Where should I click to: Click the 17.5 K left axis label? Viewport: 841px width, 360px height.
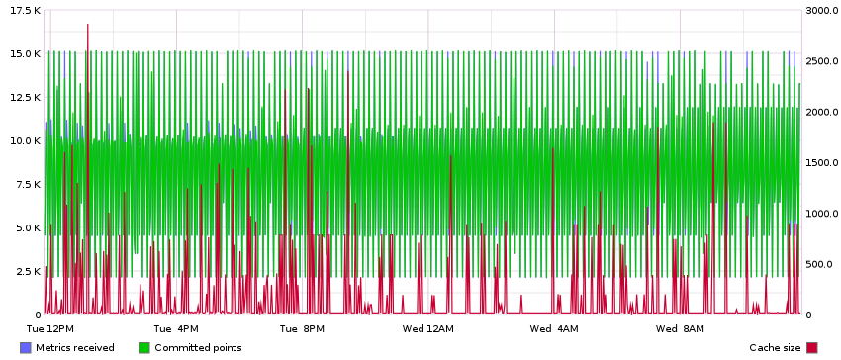22,10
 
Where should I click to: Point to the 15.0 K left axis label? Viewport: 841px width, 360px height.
22,53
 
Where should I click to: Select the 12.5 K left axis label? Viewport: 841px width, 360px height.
22,97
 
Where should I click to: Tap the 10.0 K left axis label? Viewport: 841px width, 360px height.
22,140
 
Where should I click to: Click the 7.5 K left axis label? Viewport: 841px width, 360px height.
25,184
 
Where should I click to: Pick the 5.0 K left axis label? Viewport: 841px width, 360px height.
25,227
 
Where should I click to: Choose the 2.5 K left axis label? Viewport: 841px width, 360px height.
25,271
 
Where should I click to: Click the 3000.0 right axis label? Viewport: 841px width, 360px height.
821,10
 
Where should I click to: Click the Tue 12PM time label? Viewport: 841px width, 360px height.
49,328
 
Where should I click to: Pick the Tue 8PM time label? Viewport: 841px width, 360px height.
302,328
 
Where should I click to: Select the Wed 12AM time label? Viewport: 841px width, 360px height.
428,328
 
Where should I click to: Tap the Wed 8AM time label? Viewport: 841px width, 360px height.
680,328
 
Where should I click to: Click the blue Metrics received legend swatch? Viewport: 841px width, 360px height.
26,348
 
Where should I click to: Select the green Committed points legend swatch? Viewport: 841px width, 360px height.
144,348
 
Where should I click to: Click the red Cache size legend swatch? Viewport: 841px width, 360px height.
812,348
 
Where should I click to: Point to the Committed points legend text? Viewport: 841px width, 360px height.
198,348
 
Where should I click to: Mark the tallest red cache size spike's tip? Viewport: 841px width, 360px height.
87,25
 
